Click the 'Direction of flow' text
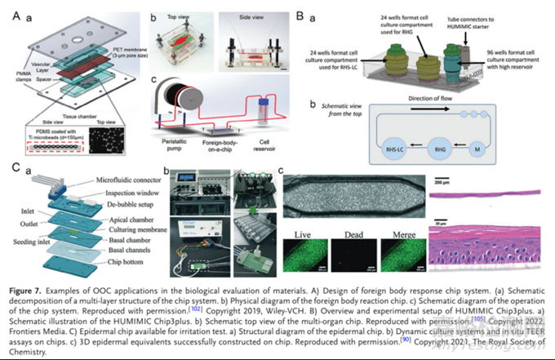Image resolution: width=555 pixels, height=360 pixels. pos(445,96)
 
